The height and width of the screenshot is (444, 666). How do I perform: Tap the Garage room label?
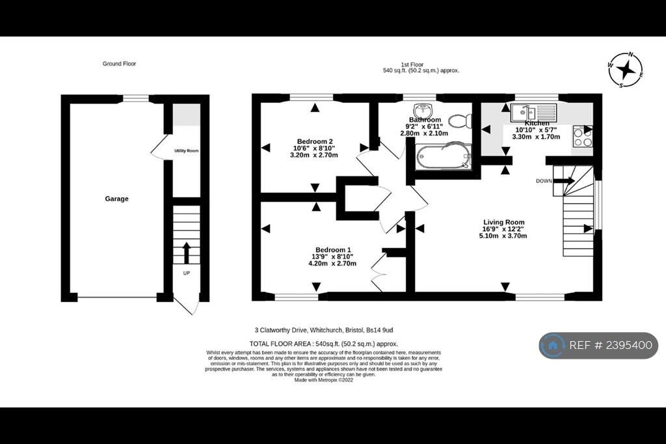coord(117,199)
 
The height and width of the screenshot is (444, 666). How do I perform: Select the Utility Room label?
coord(186,151)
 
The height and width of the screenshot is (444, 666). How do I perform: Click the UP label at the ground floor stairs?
coord(187,273)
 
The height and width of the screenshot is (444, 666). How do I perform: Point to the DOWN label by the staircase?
coord(544,181)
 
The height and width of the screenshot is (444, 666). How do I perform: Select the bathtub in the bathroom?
coord(441,157)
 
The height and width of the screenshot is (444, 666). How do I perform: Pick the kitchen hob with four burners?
coord(582,136)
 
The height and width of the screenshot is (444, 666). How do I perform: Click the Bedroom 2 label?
coord(315,141)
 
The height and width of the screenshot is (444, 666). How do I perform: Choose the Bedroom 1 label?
coord(333,250)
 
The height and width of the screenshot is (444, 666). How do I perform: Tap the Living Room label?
coord(503,223)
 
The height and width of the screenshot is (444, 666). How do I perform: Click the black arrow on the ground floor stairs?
coord(187,252)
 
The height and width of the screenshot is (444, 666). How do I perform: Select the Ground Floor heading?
coord(119,64)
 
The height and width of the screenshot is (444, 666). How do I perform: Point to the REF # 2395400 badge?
coord(598,346)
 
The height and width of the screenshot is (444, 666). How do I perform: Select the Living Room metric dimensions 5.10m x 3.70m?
coord(503,236)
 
